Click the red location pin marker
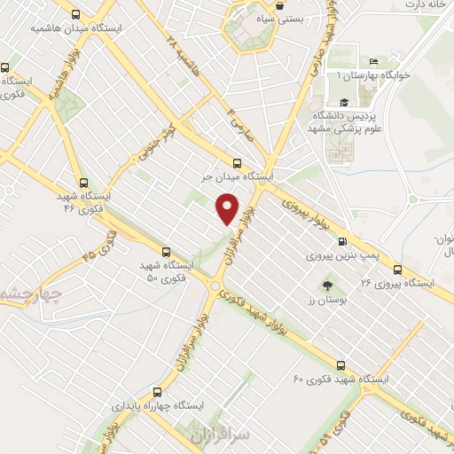click(x=228, y=207)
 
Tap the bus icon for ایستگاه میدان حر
click(x=236, y=162)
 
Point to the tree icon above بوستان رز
click(x=327, y=286)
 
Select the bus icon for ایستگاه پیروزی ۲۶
click(x=397, y=270)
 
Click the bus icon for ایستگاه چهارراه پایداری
click(x=158, y=391)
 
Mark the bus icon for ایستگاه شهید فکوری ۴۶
click(x=83, y=182)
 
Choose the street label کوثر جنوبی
click(x=159, y=145)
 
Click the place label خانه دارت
click(x=427, y=4)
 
